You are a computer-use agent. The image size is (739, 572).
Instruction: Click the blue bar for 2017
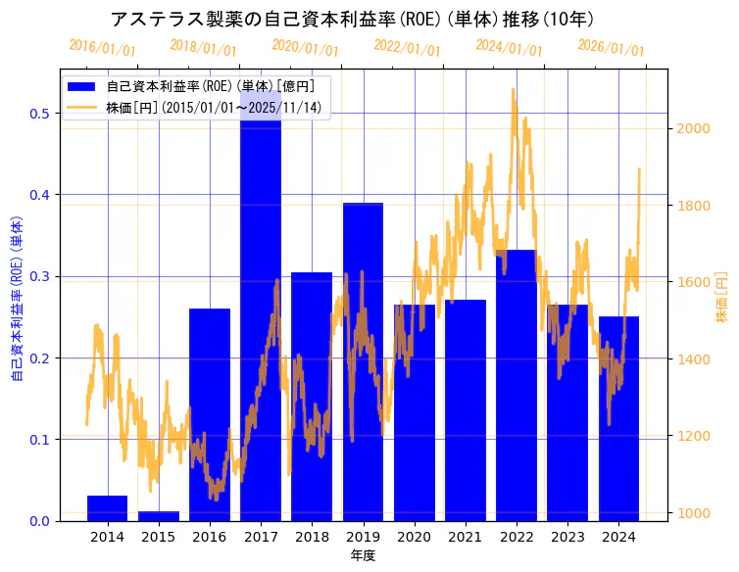coord(261,323)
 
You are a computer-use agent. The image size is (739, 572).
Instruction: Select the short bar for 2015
coord(159,515)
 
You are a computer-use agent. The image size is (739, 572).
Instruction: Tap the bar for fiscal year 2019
coord(363,362)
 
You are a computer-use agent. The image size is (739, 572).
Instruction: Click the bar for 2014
coord(108,508)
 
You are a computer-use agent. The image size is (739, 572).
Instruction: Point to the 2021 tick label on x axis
coord(465,537)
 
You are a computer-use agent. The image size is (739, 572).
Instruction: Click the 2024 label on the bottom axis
coord(618,537)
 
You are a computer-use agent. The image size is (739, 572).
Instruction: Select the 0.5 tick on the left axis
coord(40,114)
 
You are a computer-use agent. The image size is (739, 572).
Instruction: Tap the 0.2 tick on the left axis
coord(40,358)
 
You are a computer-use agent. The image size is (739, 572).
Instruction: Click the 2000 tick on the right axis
coord(694,128)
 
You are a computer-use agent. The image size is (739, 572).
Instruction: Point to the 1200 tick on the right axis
coord(694,436)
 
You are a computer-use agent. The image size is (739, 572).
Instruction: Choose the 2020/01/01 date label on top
coord(306,47)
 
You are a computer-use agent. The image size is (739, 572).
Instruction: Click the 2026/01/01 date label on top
coord(612,47)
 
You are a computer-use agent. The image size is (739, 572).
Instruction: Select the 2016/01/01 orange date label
coord(102,47)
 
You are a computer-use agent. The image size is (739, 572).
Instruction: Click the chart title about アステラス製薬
coord(352,19)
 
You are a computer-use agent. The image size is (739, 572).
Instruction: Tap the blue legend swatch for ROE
coord(82,86)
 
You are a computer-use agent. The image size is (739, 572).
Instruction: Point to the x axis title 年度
coord(363,555)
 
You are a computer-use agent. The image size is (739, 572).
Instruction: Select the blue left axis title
coord(16,300)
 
